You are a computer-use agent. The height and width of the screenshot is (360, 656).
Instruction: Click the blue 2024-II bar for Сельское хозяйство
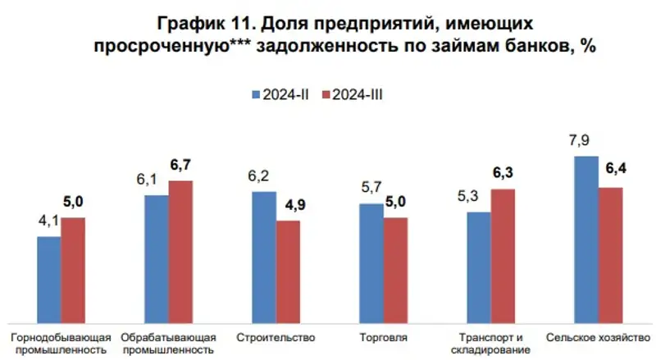tap(585, 239)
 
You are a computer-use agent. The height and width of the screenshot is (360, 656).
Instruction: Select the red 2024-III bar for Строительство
tap(288, 271)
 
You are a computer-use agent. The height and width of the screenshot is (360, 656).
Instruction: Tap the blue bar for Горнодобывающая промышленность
tap(49, 280)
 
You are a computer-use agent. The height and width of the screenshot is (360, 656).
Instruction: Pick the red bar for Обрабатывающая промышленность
tap(180, 252)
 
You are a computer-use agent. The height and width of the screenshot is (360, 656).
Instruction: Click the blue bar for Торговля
tap(371, 263)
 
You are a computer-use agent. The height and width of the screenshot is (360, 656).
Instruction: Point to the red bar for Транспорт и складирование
tap(503, 256)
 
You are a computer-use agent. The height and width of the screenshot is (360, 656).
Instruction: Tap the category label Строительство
tap(275, 337)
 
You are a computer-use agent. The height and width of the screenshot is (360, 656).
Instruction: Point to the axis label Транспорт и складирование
tap(490, 344)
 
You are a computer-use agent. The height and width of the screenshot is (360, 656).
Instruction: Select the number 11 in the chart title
tap(245, 22)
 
